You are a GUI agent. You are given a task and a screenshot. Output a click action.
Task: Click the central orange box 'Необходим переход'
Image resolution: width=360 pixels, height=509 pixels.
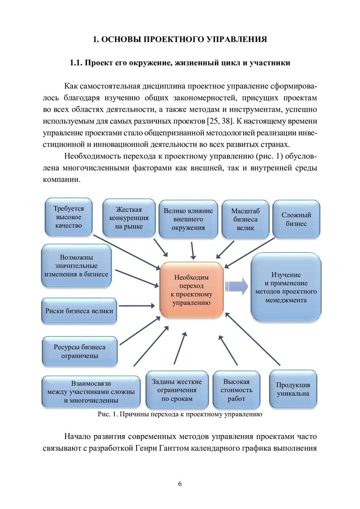191,289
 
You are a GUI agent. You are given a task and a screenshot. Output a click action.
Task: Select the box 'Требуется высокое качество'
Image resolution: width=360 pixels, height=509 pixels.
68,217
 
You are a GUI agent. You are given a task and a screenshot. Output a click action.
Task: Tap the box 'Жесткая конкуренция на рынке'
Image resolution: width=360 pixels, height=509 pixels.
129,218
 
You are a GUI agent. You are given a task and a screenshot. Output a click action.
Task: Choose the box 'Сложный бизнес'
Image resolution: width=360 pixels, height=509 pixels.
296,219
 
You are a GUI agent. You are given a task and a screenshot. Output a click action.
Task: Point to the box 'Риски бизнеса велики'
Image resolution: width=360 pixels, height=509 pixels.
79,311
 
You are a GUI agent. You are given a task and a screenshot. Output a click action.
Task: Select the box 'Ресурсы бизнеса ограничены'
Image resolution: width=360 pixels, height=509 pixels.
79,352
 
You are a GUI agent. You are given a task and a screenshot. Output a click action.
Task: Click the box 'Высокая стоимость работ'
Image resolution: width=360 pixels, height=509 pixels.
237,390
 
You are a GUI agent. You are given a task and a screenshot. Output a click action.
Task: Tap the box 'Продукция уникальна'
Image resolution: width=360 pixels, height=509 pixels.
293,389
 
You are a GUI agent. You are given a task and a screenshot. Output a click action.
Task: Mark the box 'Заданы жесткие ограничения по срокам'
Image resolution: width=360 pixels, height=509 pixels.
177,390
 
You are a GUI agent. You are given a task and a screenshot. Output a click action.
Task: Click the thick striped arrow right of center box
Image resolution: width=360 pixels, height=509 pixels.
237,287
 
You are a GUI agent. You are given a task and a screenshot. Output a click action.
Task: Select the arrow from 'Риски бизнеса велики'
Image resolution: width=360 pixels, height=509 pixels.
136,306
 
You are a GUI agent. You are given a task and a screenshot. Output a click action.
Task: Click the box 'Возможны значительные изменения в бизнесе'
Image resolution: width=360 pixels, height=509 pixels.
76,266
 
